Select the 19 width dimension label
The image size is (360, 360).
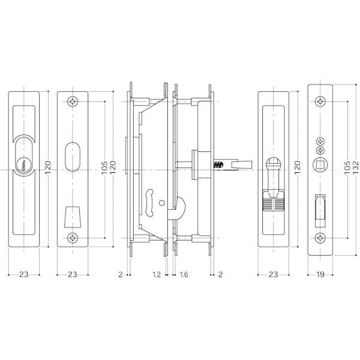(x=320, y=274)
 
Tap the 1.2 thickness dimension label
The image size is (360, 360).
(x=157, y=274)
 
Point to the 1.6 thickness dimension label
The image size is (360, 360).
(x=184, y=274)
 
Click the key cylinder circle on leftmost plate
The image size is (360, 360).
(x=24, y=164)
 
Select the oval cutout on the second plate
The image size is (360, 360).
(x=73, y=157)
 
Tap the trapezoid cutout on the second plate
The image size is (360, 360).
(x=73, y=217)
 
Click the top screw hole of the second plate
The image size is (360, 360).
(x=73, y=101)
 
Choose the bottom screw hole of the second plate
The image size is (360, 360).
(x=73, y=238)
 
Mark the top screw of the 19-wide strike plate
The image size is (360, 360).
(x=320, y=101)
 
